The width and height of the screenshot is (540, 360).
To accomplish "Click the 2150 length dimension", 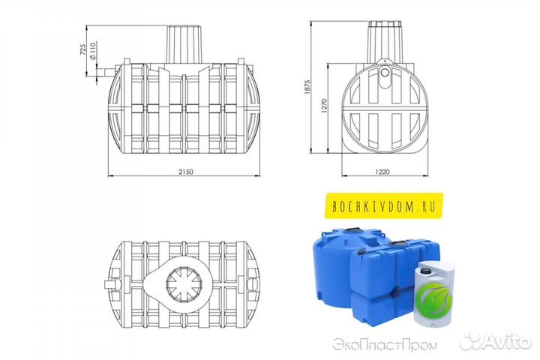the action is click(x=186, y=172).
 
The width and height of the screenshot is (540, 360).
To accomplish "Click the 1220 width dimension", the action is click(x=382, y=172).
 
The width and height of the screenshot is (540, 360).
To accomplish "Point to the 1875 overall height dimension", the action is click(x=307, y=87).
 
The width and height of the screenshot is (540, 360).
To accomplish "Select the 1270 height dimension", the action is click(x=324, y=106).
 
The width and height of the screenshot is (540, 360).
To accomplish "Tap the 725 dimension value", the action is click(x=82, y=49).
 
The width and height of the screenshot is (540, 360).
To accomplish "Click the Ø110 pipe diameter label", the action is click(x=92, y=51).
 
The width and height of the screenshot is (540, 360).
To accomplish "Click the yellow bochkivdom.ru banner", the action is click(x=384, y=205).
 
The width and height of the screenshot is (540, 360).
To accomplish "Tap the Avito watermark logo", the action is click(x=496, y=341).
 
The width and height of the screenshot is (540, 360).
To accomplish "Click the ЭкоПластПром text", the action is click(x=385, y=345).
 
